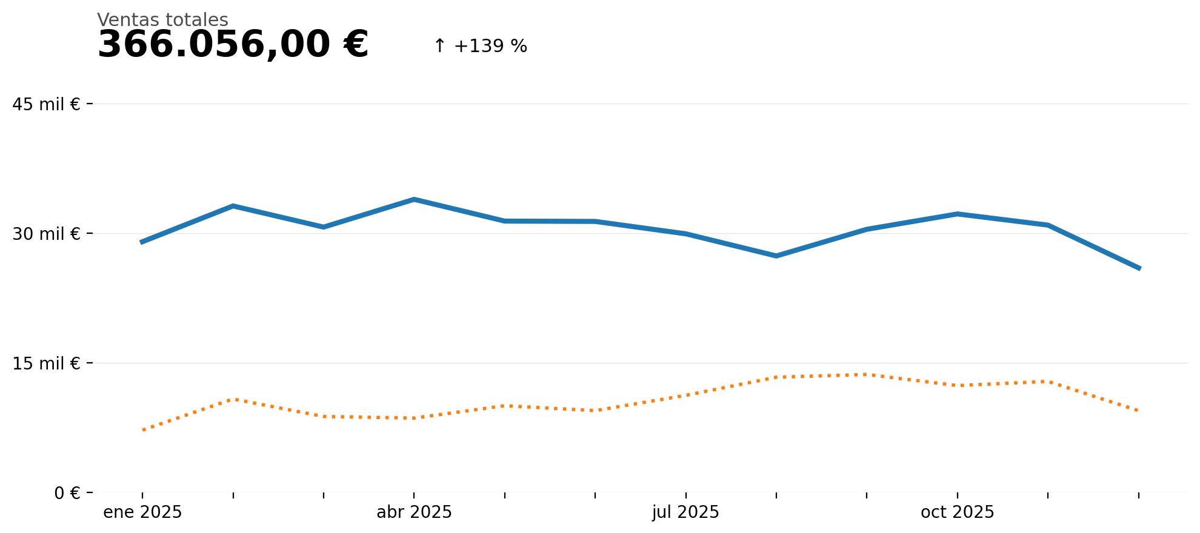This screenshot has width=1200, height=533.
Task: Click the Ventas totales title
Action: (x=162, y=20)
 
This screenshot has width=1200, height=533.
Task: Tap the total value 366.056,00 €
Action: (x=233, y=45)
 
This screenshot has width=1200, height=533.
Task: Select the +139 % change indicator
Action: (x=490, y=46)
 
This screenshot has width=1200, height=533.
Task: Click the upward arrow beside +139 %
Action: (x=439, y=46)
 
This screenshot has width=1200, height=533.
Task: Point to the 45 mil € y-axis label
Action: (x=46, y=104)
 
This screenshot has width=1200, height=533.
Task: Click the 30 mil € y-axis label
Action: (x=46, y=234)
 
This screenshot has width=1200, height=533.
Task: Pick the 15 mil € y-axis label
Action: (x=46, y=363)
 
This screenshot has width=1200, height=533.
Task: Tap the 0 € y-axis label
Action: (x=67, y=493)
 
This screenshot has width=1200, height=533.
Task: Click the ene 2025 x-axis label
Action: (x=142, y=512)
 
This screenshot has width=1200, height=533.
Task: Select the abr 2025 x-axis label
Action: (x=414, y=512)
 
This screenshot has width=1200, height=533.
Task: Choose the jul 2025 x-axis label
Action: (x=685, y=512)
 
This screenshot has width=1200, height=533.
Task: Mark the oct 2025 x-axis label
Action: (x=957, y=512)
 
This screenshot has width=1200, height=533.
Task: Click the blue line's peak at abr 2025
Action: (x=414, y=199)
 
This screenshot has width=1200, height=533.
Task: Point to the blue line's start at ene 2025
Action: (x=142, y=242)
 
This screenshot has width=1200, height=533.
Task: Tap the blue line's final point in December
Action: (x=1139, y=268)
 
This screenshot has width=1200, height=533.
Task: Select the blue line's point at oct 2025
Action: (x=957, y=214)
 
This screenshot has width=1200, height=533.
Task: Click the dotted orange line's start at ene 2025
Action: (x=142, y=430)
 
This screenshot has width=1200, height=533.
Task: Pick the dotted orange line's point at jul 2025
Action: (x=685, y=396)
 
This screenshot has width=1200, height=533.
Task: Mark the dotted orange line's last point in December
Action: (x=1139, y=411)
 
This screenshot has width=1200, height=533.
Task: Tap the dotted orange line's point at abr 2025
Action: (x=414, y=418)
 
